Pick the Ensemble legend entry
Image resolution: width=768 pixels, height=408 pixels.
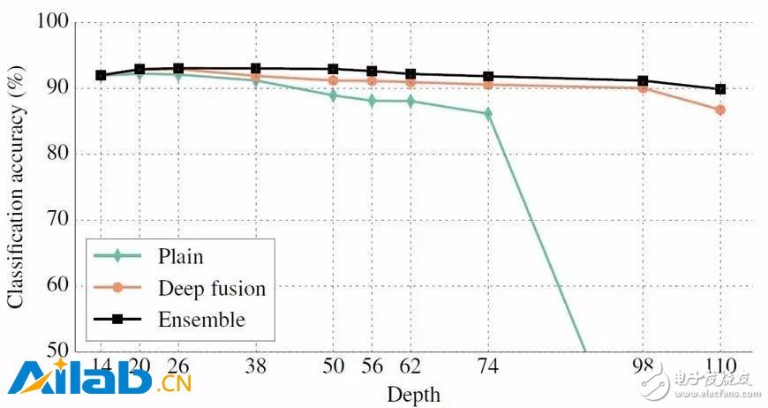[x=201, y=318]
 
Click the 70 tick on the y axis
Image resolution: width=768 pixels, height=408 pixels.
[x=60, y=220]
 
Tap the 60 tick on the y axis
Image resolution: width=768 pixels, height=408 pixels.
[x=60, y=285]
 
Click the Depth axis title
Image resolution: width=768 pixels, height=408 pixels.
[x=411, y=393]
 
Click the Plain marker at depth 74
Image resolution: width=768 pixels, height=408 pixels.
[x=487, y=113]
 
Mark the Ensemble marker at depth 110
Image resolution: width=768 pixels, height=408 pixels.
[x=720, y=89]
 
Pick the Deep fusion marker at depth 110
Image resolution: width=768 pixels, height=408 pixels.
[x=720, y=110]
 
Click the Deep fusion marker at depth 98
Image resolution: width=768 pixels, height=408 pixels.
[x=643, y=87]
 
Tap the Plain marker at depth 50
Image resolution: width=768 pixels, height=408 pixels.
[x=333, y=94]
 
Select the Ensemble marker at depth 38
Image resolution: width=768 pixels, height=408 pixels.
[x=255, y=68]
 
